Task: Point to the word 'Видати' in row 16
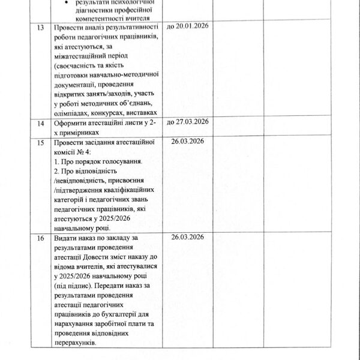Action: click(x=65, y=239)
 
